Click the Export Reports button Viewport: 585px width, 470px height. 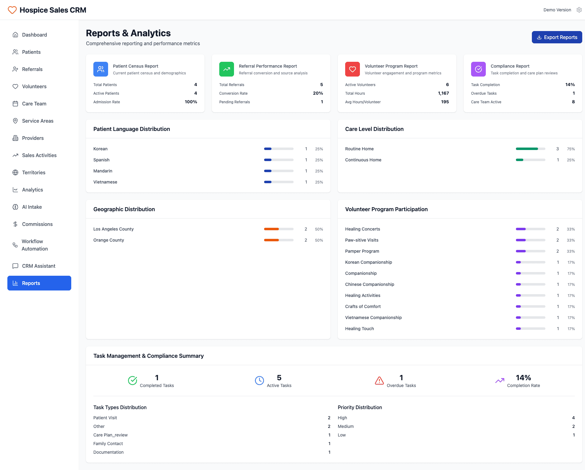tap(557, 37)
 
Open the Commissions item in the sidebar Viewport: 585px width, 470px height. tap(37, 224)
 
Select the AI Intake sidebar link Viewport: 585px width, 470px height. tap(32, 207)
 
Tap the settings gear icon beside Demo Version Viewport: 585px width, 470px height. tap(579, 10)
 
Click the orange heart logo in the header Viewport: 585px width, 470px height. tap(12, 10)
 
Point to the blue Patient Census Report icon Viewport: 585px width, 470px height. tap(101, 69)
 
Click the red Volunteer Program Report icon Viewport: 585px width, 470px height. tap(353, 69)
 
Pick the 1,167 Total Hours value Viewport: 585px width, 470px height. tap(443, 93)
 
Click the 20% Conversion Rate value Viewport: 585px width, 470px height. tap(318, 93)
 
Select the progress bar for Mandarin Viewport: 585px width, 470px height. tap(279, 171)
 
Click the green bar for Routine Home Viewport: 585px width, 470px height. tap(530, 149)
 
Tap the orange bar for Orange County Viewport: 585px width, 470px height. tap(279, 240)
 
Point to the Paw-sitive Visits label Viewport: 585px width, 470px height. tap(361, 240)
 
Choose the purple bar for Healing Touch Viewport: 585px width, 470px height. tap(530, 329)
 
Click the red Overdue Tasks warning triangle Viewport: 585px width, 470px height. tap(379, 381)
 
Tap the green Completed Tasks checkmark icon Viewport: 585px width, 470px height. tap(132, 381)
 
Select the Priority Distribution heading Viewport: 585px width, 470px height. tap(360, 407)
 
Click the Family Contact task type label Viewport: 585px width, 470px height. tap(108, 444)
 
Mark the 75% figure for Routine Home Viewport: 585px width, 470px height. tap(571, 149)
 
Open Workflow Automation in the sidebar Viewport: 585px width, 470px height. tap(35, 245)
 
